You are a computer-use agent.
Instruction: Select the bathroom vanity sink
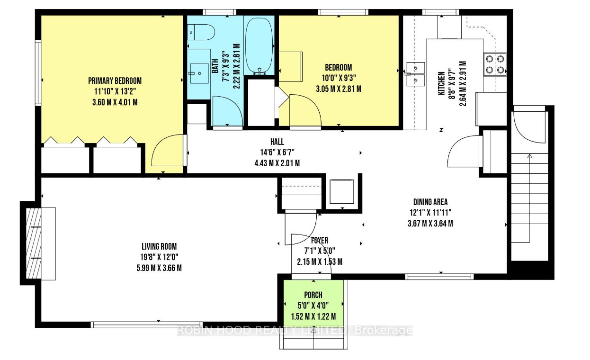pos(199,73)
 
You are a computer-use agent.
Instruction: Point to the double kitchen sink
pos(416,74)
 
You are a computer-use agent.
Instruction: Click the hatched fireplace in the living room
pos(34,243)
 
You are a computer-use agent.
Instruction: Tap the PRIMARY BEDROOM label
pos(115,81)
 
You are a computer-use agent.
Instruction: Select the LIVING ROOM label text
pos(159,247)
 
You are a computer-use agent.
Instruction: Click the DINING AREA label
pos(430,202)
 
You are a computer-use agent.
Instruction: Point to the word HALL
pos(277,142)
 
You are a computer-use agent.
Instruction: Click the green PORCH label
pos(313,295)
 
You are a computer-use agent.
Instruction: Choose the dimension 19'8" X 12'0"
pos(159,257)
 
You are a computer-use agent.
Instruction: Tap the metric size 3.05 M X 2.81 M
pos(339,89)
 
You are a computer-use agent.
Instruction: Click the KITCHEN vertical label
pos(441,83)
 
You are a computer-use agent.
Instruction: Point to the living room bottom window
pos(146,324)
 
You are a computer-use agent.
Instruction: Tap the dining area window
pos(439,277)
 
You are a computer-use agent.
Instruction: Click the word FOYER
pos(320,241)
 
